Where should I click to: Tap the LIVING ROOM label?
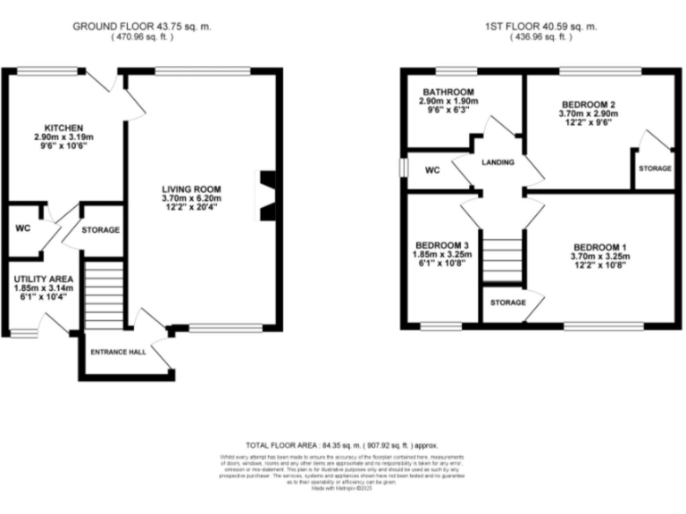point(191,188)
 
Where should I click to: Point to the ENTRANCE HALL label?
point(118,352)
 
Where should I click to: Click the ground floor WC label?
point(23,228)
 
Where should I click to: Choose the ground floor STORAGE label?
point(101,230)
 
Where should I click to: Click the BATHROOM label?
point(448,92)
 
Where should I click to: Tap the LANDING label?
point(498,162)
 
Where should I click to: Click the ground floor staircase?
point(104,294)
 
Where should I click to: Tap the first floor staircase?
point(502,256)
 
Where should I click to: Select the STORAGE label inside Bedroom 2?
point(655,169)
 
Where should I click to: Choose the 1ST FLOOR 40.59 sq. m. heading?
point(540,27)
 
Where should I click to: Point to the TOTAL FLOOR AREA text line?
point(342,444)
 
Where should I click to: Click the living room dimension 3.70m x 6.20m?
point(191,198)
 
